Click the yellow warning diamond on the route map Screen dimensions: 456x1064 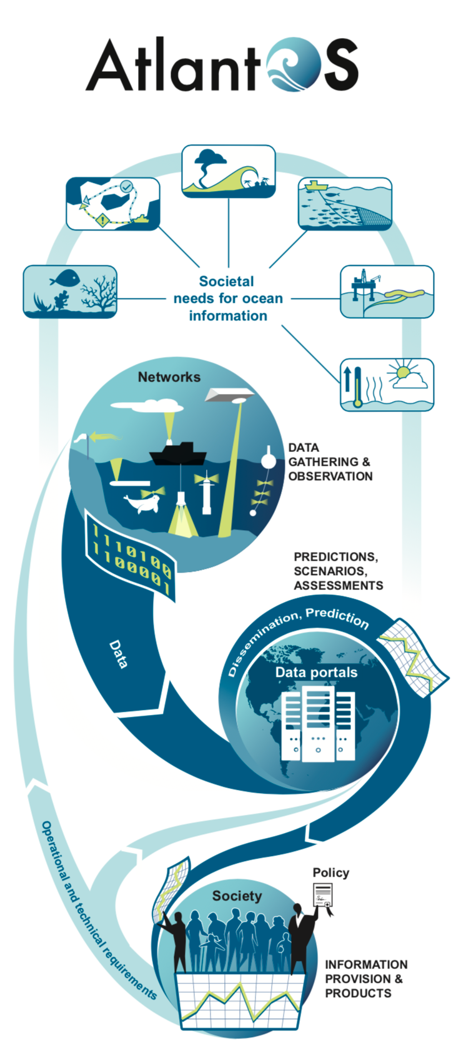(102, 220)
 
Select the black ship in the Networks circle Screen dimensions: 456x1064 (177, 454)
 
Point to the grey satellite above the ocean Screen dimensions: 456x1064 (228, 395)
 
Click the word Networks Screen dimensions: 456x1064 (169, 377)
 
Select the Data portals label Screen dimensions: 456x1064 (316, 672)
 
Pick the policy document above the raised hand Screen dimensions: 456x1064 (323, 896)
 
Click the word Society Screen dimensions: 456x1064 (237, 896)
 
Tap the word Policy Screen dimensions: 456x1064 (331, 873)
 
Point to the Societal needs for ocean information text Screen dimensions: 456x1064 (228, 298)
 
